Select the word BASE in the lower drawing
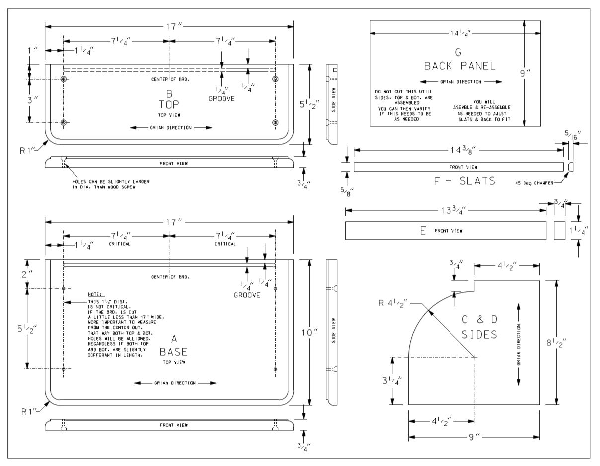174,352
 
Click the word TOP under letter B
169,104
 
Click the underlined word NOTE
94,294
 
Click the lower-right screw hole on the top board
276,122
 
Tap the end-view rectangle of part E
559,231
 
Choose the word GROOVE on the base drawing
247,295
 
